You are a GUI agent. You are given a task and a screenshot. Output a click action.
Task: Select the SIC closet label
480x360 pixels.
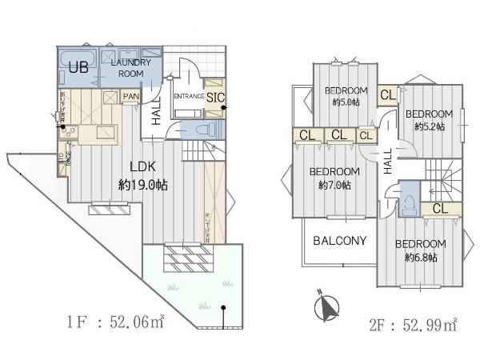pos(215,98)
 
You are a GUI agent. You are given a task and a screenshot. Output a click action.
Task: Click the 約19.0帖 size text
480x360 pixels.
pos(142,184)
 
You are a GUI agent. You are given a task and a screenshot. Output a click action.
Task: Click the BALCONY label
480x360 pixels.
pos(339,240)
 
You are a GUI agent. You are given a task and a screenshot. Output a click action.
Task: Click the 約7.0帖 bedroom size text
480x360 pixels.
pos(334,186)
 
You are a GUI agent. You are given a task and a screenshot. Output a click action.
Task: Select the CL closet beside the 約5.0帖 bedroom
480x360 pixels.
pos(388,94)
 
